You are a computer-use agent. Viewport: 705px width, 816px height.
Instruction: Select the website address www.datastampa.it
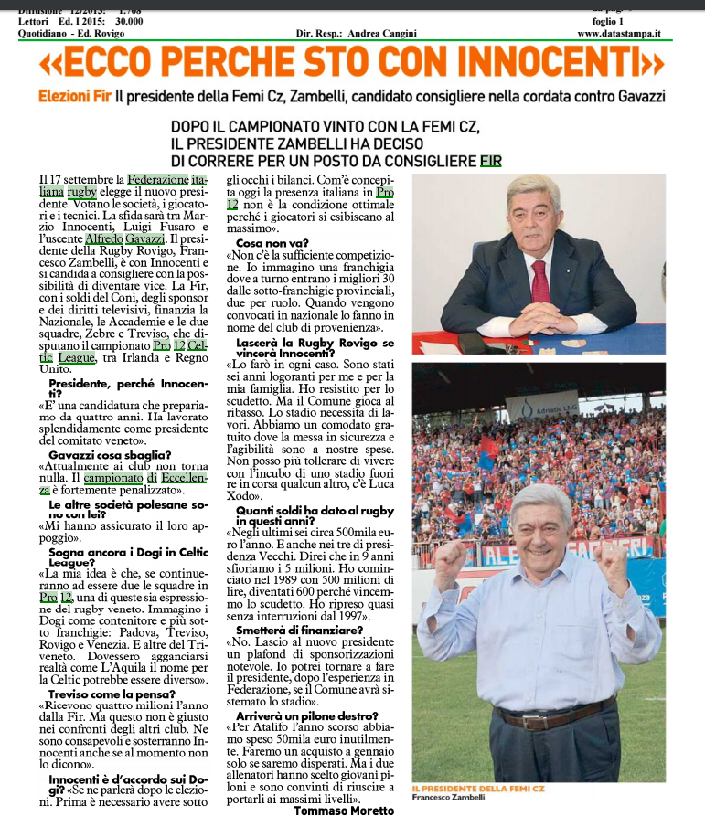(619, 34)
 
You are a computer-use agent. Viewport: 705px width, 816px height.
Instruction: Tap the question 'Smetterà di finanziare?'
(300, 629)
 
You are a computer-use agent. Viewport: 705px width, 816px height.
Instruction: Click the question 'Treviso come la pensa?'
(108, 694)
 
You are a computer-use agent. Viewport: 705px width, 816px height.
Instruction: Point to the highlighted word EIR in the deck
(491, 161)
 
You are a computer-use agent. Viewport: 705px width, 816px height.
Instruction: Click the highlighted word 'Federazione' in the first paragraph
(158, 180)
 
